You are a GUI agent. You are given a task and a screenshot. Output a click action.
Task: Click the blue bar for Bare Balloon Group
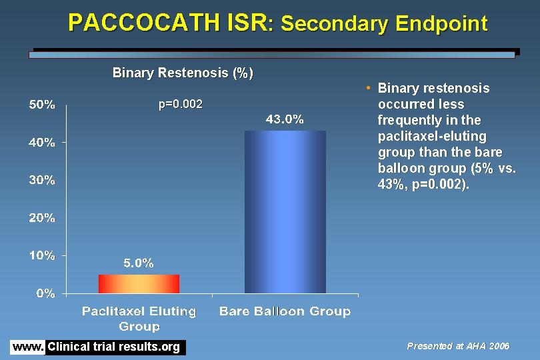pos(285,212)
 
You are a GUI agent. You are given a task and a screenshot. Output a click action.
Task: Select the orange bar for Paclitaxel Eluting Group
pos(139,284)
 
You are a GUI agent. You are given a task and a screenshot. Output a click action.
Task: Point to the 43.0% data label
pos(285,120)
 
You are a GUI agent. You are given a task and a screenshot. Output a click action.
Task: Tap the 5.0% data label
pos(139,263)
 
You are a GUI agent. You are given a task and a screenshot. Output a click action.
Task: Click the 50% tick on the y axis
pos(41,105)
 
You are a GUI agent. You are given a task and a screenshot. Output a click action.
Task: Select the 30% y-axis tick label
pos(41,180)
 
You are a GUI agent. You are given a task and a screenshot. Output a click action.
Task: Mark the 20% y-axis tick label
pos(41,218)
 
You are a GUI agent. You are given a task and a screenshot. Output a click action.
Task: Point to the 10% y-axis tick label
pos(41,255)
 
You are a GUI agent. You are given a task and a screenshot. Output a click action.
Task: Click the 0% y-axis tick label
pos(45,293)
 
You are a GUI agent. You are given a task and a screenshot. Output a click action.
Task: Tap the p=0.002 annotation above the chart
pos(180,105)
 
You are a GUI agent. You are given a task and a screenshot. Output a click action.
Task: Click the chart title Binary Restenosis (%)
pos(183,73)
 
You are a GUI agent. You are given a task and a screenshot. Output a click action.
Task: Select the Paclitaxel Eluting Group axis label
pos(139,319)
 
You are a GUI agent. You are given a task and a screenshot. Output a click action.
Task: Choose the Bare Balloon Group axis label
pos(285,311)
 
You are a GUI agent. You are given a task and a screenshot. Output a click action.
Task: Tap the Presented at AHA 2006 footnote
pos(458,346)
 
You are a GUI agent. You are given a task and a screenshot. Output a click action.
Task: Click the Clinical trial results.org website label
pos(114,347)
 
